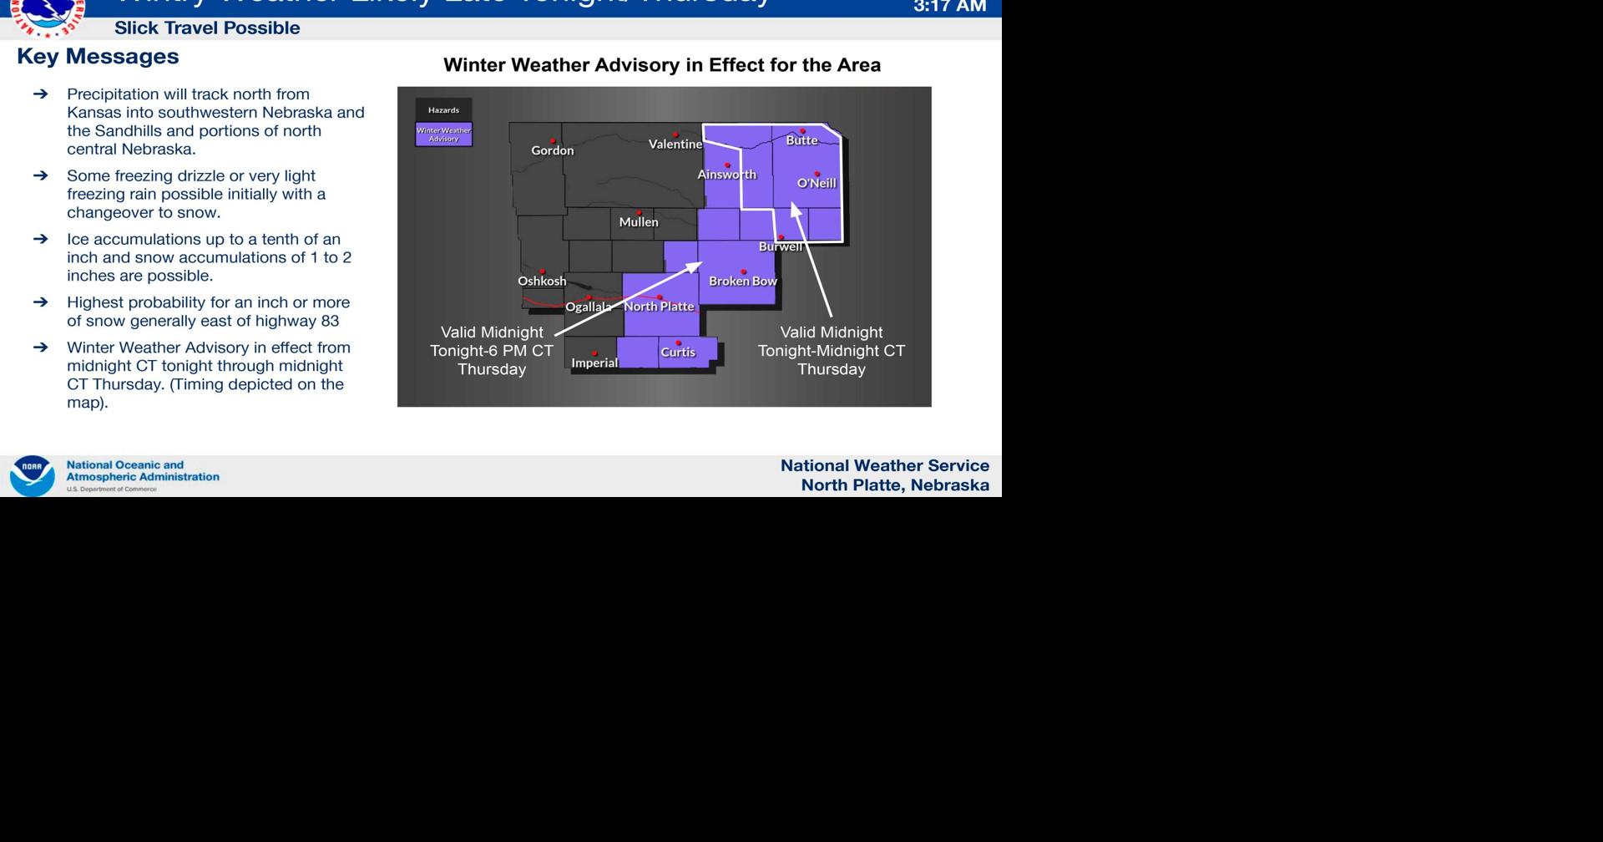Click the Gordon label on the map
553,150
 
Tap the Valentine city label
675,145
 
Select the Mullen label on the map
639,222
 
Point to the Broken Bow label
743,282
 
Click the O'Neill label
817,183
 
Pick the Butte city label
801,140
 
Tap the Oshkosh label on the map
542,282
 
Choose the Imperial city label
594,363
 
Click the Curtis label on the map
678,353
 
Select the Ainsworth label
727,175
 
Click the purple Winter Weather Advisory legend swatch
444,134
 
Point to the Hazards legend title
443,110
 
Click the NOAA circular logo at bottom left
32,476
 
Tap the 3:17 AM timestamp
950,7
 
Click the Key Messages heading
98,57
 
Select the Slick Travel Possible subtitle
207,28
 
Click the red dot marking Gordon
553,141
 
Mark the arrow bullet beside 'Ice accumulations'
40,240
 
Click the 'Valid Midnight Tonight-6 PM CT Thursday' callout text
492,351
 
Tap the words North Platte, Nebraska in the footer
895,485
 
